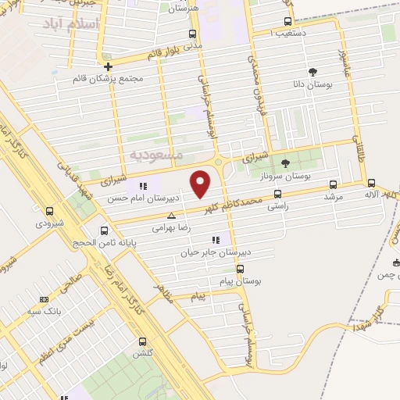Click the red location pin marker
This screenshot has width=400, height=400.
pyautogui.click(x=202, y=183)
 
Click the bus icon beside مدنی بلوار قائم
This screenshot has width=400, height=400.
pyautogui.click(x=193, y=34)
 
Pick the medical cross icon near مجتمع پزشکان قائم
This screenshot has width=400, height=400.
pyautogui.click(x=109, y=66)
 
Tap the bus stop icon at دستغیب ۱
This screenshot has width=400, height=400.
pyautogui.click(x=288, y=22)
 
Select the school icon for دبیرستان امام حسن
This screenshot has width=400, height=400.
pyautogui.click(x=142, y=186)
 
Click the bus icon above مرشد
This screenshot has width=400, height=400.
pyautogui.click(x=334, y=185)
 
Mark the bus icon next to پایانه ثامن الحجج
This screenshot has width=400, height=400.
pyautogui.click(x=105, y=230)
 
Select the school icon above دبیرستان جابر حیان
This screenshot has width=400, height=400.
pyautogui.click(x=216, y=241)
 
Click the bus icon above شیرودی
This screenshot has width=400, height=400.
pyautogui.click(x=49, y=211)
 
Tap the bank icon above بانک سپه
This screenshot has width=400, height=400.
pyautogui.click(x=44, y=299)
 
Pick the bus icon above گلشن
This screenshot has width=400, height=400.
pyautogui.click(x=142, y=341)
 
